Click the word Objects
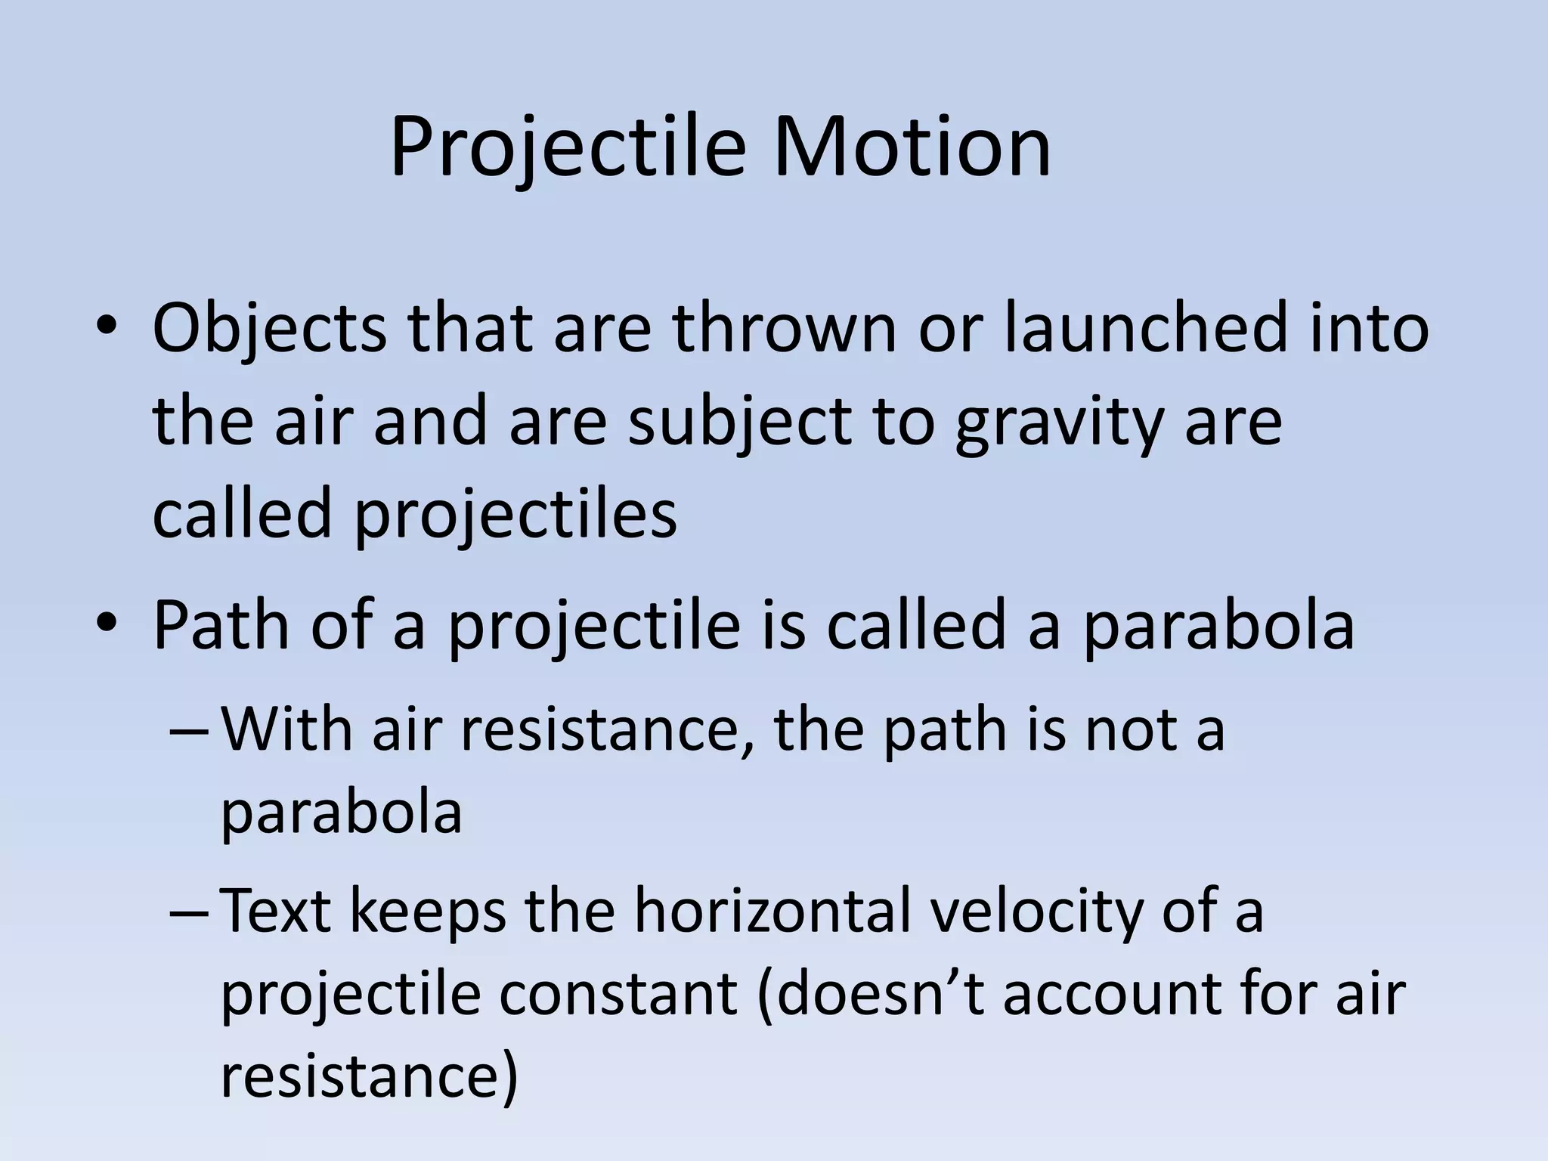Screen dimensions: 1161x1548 [269, 329]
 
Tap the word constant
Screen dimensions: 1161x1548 [618, 994]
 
